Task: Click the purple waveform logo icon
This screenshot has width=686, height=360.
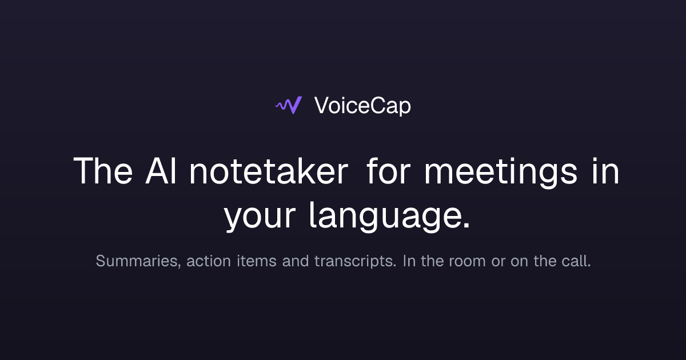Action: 289,105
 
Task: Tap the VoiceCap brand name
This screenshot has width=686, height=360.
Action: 362,106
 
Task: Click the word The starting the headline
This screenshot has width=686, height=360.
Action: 103,170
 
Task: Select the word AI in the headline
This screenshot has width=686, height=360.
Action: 161,170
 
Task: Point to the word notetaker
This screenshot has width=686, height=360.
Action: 269,170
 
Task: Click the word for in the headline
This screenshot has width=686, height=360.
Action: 388,170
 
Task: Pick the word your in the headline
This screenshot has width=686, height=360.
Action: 260,217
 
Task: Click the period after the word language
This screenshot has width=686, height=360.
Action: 466,225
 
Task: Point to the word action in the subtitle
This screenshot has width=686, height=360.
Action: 209,261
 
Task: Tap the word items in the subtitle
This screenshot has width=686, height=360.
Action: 257,261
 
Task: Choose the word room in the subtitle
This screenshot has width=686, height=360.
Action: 468,262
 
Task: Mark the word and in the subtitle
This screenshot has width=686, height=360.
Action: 296,261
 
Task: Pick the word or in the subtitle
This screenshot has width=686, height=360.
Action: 498,262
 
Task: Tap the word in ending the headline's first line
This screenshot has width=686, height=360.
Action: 605,170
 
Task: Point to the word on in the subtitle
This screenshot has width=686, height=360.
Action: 520,262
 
